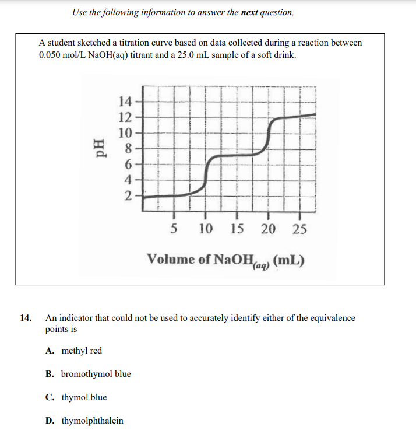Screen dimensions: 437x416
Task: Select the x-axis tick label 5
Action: pos(174,229)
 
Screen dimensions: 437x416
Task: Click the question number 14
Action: pos(26,318)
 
